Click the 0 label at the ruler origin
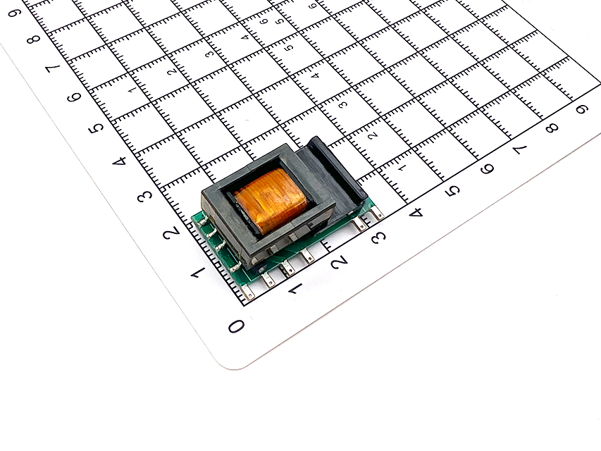tap(236, 326)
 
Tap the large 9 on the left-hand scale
tap(14, 13)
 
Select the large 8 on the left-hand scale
tap(34, 39)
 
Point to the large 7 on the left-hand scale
tap(53, 68)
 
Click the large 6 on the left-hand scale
tap(75, 97)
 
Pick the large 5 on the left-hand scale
tap(96, 128)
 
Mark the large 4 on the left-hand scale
tap(119, 161)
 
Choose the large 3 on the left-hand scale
tap(144, 196)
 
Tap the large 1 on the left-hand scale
tap(198, 273)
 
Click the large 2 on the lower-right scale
tap(339, 263)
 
